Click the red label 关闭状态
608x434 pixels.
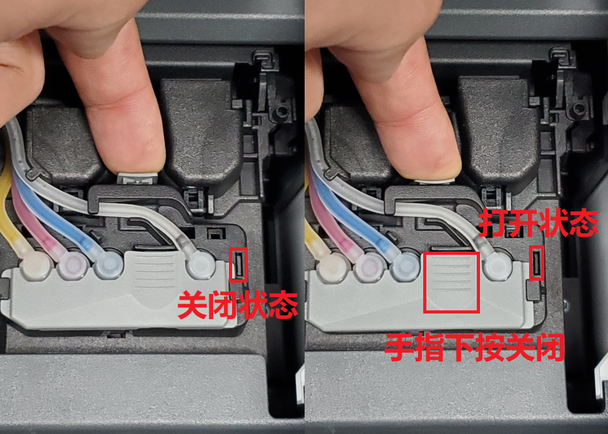click(238, 305)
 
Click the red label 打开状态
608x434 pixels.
click(539, 223)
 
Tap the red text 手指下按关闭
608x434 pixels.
click(474, 348)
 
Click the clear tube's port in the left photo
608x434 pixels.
click(201, 266)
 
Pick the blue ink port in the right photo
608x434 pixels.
click(405, 266)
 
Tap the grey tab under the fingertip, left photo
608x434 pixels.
click(137, 179)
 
